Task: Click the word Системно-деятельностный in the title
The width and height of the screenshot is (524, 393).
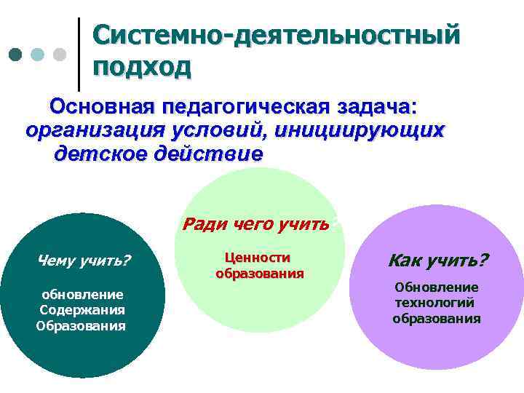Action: (277, 35)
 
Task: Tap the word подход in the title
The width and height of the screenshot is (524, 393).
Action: (143, 67)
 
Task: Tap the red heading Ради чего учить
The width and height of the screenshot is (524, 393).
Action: (255, 223)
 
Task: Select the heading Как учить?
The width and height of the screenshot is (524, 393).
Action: (439, 260)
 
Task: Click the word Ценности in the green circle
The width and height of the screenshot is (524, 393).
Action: (258, 258)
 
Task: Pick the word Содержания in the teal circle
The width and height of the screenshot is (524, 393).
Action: (82, 310)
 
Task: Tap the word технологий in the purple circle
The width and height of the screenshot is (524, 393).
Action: (434, 303)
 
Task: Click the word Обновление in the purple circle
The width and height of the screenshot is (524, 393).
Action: (437, 287)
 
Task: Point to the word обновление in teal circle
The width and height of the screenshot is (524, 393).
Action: (82, 294)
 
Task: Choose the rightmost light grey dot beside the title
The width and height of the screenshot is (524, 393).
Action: (60, 55)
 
